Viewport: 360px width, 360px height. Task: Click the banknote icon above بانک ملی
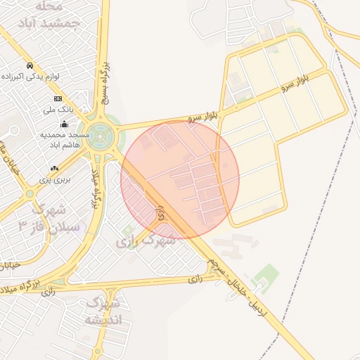coord(58,98)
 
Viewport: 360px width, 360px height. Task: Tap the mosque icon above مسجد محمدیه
coord(65,124)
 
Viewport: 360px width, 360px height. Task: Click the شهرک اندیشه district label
coord(103,311)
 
